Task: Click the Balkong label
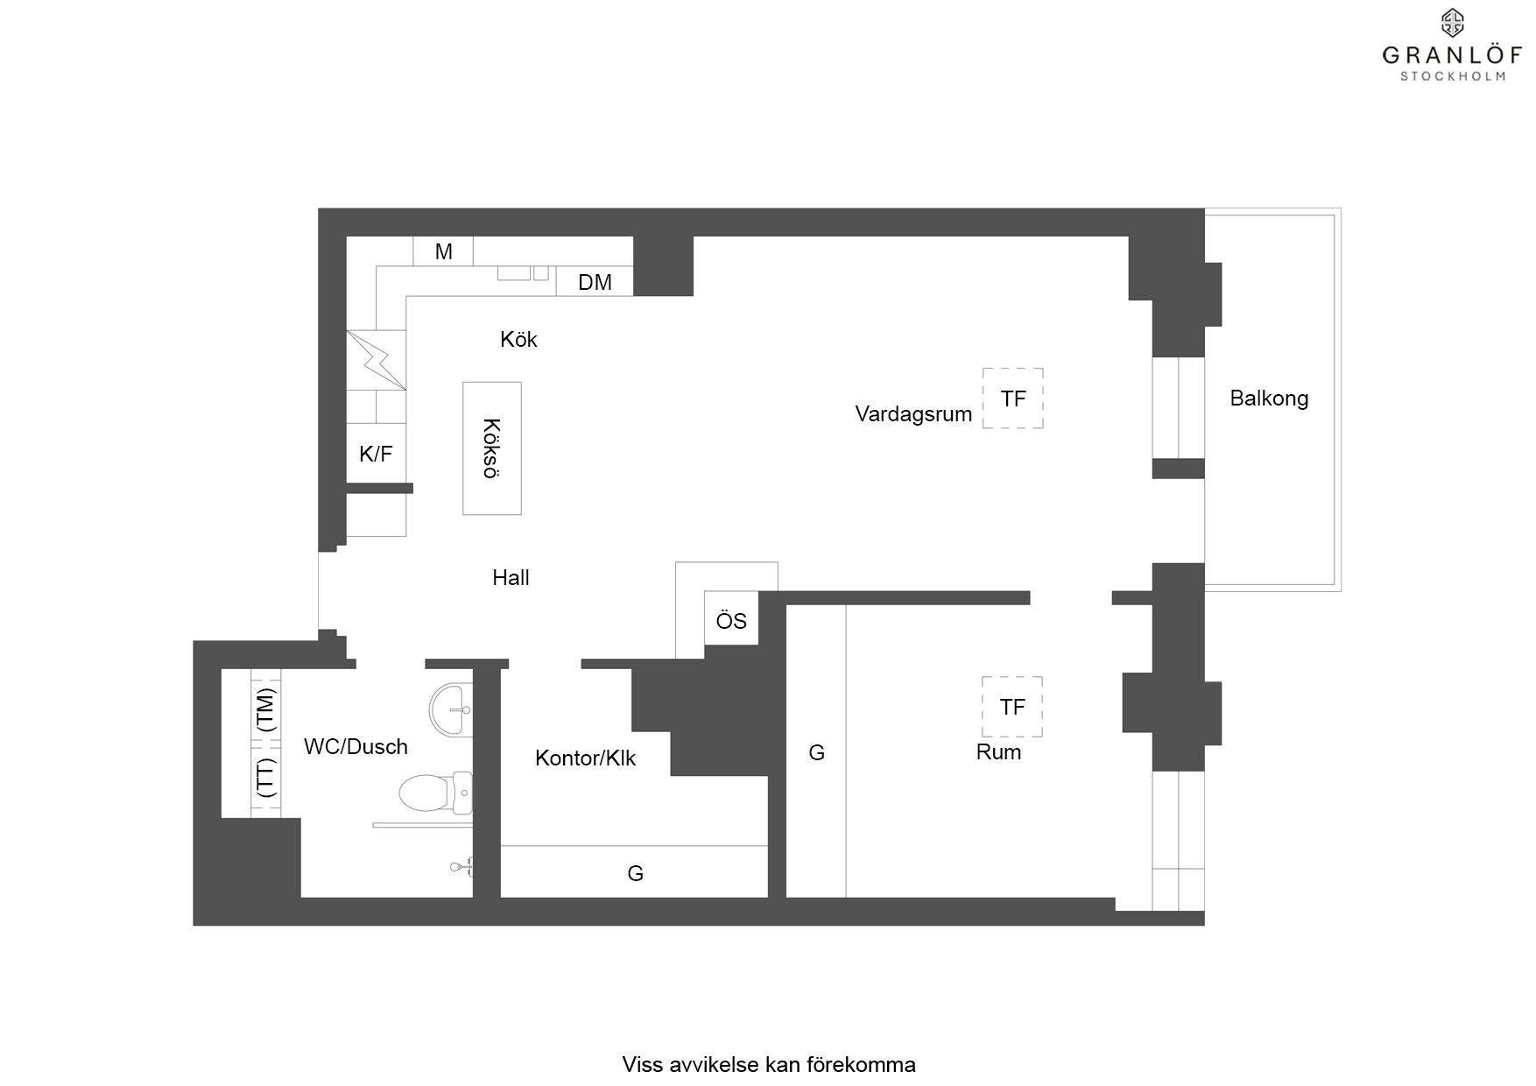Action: click(1269, 398)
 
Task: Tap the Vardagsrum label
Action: click(913, 414)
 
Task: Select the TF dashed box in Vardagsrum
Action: click(1012, 398)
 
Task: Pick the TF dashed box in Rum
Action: click(1012, 707)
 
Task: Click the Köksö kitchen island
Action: click(492, 448)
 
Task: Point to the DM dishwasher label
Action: click(595, 282)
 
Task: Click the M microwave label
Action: click(444, 252)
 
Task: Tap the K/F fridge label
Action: click(376, 454)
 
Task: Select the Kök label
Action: click(518, 339)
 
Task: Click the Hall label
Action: click(511, 577)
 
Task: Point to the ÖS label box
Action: click(731, 619)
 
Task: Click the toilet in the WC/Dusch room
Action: click(435, 793)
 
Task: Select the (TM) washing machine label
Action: click(265, 709)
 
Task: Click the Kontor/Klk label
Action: click(585, 758)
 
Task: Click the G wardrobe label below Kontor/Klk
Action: click(635, 873)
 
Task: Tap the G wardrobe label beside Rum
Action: click(816, 752)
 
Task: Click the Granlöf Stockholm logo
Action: click(1453, 46)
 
